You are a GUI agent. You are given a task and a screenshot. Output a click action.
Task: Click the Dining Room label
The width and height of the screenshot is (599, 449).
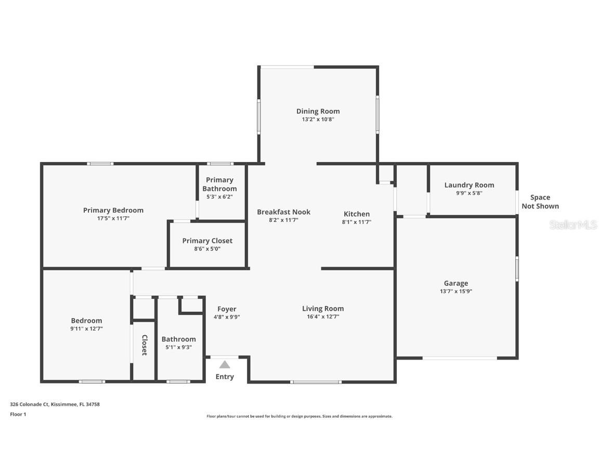pyautogui.click(x=318, y=111)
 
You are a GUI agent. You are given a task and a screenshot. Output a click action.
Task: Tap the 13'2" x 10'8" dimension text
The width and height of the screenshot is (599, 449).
pyautogui.click(x=318, y=120)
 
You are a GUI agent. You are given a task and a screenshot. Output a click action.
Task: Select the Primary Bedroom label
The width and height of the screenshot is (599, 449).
pyautogui.click(x=113, y=210)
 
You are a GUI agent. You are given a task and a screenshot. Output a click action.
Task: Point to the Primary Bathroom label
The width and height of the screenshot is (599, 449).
pyautogui.click(x=219, y=184)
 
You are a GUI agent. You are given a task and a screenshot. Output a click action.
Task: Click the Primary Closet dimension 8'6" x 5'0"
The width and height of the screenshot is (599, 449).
pyautogui.click(x=207, y=249)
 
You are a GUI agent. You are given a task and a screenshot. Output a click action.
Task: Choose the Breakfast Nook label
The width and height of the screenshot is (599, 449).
pyautogui.click(x=283, y=212)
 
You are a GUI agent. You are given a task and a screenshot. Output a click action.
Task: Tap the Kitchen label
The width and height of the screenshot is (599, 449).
pyautogui.click(x=357, y=214)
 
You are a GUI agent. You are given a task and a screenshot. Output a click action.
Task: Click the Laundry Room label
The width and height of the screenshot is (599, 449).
pyautogui.click(x=469, y=185)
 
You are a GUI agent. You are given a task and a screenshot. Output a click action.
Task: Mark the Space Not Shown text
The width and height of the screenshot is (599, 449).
pyautogui.click(x=540, y=202)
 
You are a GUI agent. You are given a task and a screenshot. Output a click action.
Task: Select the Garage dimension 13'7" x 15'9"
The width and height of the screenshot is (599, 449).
pyautogui.click(x=455, y=292)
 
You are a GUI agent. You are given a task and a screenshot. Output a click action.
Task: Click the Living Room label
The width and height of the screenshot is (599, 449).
pyautogui.click(x=323, y=309)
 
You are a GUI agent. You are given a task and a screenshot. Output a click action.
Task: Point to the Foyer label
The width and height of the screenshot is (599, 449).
pyautogui.click(x=227, y=309)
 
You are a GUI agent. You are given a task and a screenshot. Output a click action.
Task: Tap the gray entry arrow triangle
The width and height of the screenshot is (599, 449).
pyautogui.click(x=225, y=365)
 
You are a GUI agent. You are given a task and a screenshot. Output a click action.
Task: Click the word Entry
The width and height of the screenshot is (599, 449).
pyautogui.click(x=225, y=377)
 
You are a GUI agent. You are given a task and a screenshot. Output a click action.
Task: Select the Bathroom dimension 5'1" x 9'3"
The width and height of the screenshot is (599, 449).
pyautogui.click(x=178, y=347)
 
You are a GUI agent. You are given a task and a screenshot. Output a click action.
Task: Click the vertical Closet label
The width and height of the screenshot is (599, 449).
pyautogui.click(x=144, y=345)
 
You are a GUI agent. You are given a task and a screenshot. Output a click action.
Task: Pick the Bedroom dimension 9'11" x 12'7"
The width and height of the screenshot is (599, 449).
pyautogui.click(x=86, y=328)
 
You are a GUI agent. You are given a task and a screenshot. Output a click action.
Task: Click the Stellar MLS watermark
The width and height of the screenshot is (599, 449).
pyautogui.click(x=573, y=224)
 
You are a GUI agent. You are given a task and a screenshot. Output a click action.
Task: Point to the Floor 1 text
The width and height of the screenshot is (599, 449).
pyautogui.click(x=18, y=414)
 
